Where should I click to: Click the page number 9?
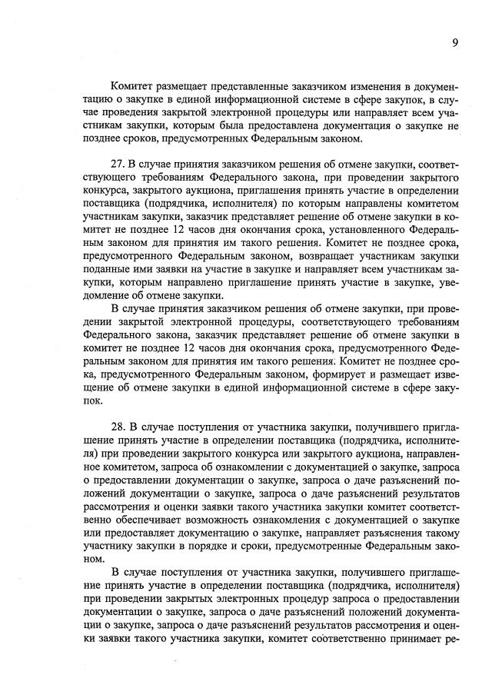point(455,43)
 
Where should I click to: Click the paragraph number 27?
point(118,165)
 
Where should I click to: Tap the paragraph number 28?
point(118,424)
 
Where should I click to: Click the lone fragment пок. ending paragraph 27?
point(93,401)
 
